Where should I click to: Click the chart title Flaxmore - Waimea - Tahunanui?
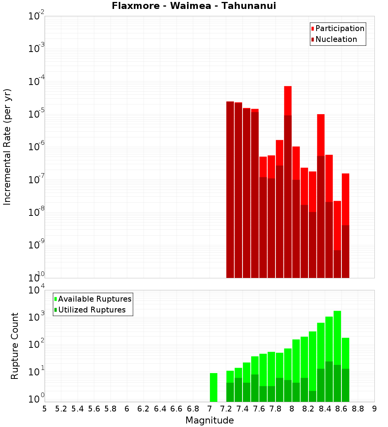194,6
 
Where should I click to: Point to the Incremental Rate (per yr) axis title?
7,147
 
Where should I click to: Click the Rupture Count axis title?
15,346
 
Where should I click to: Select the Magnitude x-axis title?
210,420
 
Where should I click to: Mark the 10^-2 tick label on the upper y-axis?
36,16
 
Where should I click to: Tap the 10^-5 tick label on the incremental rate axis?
36,114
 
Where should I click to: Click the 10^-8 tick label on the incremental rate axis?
36,212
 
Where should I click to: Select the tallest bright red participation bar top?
288,87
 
